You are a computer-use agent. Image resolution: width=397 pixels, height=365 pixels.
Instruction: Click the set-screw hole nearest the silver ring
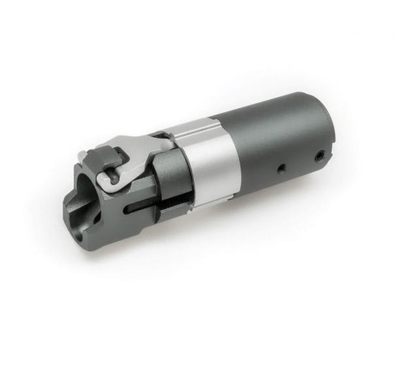click(280, 168)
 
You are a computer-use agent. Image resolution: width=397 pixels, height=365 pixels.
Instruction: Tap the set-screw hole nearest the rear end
click(319, 156)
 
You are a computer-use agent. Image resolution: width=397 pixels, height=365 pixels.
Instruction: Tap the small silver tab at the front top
click(82, 157)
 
